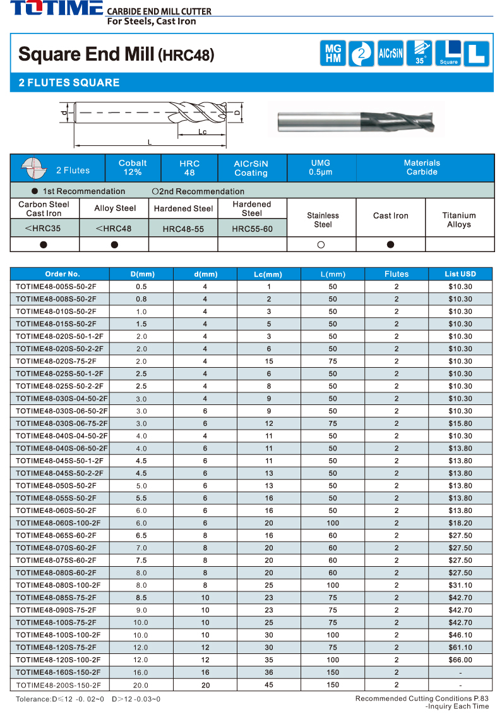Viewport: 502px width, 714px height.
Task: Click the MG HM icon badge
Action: tap(333, 53)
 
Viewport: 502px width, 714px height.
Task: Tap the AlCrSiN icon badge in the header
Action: tap(390, 53)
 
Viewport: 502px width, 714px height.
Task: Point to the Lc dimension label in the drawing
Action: tap(202, 132)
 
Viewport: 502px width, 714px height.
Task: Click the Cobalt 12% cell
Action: tap(133, 168)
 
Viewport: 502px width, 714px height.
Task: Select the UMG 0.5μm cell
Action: tap(321, 168)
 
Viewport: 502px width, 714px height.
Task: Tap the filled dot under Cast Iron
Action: tap(390, 245)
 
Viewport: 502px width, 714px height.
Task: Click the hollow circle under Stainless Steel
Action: tap(321, 245)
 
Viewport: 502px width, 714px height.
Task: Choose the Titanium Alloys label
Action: tap(459, 220)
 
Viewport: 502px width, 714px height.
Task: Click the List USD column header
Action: tap(460, 274)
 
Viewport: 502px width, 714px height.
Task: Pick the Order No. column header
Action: tap(63, 274)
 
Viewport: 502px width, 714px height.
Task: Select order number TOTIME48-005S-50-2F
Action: tap(56, 287)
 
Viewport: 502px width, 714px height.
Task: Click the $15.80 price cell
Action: tap(460, 423)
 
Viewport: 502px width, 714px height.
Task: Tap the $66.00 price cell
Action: tap(460, 660)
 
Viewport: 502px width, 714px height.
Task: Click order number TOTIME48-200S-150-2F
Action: tap(58, 685)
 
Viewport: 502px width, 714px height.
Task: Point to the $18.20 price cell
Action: tap(460, 523)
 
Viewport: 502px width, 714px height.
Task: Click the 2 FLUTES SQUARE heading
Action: tap(69, 83)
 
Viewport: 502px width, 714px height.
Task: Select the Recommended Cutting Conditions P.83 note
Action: tap(422, 698)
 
